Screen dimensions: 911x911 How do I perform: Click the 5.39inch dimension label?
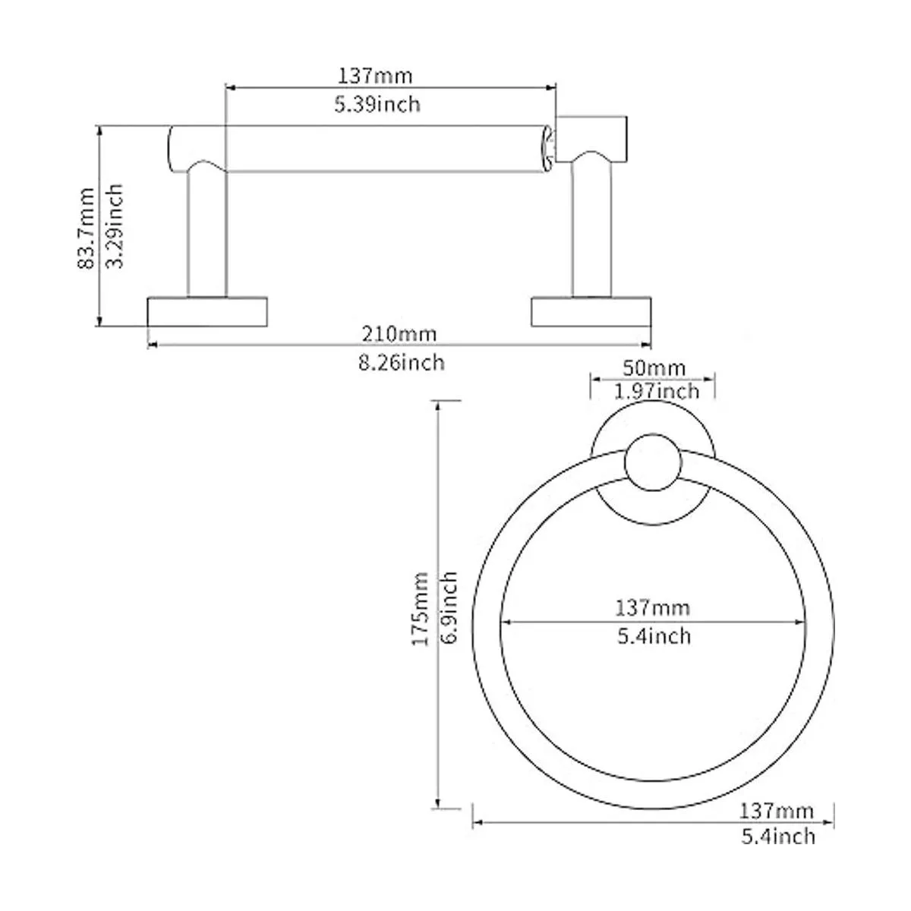pyautogui.click(x=377, y=105)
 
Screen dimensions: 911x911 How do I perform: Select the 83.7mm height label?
pyautogui.click(x=86, y=229)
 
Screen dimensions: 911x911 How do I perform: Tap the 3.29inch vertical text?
pyautogui.click(x=114, y=226)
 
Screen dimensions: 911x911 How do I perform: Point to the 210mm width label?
pyautogui.click(x=399, y=334)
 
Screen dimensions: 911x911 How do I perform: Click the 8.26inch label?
pyautogui.click(x=402, y=363)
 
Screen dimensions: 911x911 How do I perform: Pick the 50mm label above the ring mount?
pyautogui.click(x=654, y=367)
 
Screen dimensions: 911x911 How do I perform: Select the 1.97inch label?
pyautogui.click(x=656, y=391)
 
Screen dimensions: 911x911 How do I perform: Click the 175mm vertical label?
pyautogui.click(x=420, y=610)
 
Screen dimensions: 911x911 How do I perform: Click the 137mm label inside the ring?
pyautogui.click(x=652, y=607)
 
